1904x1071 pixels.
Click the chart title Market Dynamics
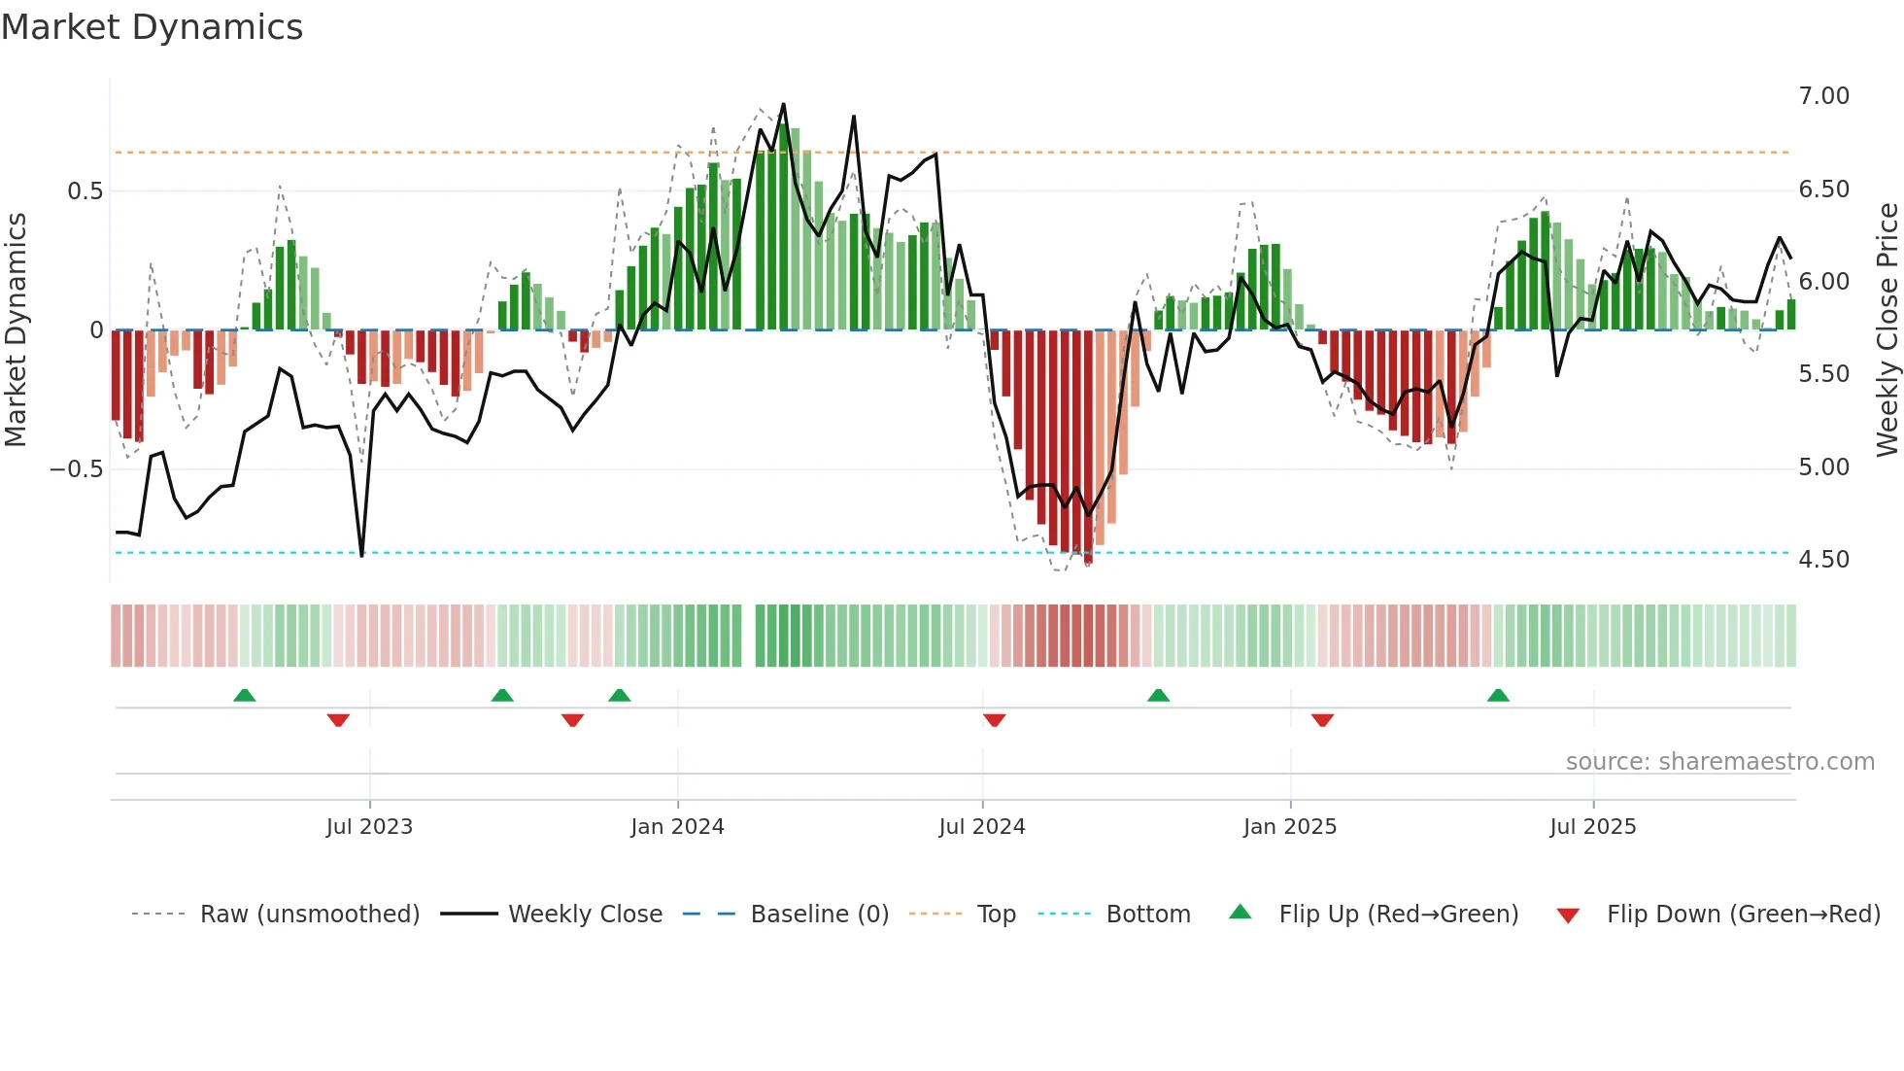point(153,27)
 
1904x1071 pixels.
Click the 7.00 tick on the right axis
point(1823,96)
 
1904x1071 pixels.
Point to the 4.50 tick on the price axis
point(1823,560)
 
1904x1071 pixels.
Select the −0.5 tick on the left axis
point(76,469)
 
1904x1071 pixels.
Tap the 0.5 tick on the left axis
point(85,191)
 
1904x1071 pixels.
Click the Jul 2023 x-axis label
point(369,827)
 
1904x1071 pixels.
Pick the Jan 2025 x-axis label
point(1289,827)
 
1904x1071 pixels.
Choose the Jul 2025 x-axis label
point(1592,827)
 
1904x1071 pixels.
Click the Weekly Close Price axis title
point(1887,329)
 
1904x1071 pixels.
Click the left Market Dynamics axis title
point(16,329)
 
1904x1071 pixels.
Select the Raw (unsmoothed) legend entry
point(309,915)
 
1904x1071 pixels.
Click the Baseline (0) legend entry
point(819,915)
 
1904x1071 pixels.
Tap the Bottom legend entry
point(1147,915)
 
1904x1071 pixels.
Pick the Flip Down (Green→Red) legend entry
point(1743,915)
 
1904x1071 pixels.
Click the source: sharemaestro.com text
point(1719,762)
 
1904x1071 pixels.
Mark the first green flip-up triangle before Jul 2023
point(245,695)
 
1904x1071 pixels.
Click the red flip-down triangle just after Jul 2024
point(994,720)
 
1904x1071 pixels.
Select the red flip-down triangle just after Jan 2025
point(1322,720)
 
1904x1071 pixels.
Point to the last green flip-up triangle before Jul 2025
point(1498,695)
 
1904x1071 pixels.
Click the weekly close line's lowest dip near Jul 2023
point(361,555)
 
